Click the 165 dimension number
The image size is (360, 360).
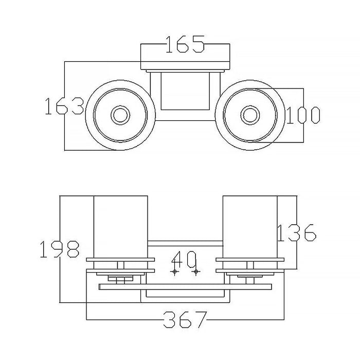185,44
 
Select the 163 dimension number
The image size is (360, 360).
64,106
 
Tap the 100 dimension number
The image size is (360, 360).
303,115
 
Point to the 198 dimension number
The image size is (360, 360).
60,249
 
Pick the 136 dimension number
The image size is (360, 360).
297,232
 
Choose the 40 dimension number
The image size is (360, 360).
184,259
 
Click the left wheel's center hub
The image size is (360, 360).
120,115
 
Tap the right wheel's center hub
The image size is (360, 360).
250,115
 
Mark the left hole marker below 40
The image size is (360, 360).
174,272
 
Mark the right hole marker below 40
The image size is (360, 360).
196,272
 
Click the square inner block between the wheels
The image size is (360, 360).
185,91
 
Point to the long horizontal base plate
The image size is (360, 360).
185,287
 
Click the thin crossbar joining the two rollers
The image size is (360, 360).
185,243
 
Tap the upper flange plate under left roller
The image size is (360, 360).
120,260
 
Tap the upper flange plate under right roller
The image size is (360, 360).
250,260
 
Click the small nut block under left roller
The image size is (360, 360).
120,278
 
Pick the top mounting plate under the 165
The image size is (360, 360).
185,65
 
